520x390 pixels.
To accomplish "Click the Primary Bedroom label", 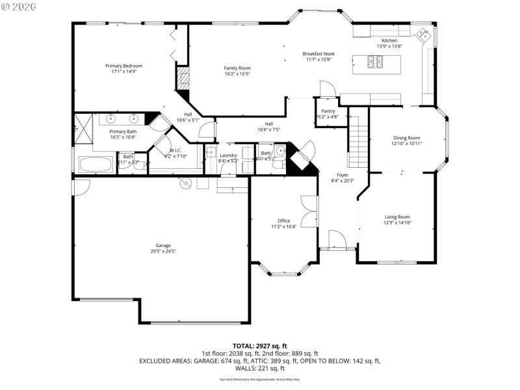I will tap(124, 66).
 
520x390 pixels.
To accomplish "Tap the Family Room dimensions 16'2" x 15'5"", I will tap(237, 74).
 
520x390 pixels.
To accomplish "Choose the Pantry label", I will tap(328, 111).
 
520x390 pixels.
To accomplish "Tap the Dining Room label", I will tap(407, 138).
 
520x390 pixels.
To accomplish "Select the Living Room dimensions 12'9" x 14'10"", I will tap(397, 223).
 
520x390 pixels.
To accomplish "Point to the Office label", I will tap(283, 220).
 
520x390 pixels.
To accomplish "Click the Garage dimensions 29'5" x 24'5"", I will tap(163, 251).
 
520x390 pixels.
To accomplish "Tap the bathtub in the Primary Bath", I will tap(96, 164).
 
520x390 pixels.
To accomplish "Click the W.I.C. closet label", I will tap(157, 150).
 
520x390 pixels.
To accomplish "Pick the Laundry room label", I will tap(228, 155).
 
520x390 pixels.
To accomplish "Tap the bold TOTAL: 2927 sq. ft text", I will tap(260, 346).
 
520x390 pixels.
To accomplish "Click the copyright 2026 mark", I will tap(19, 6).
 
